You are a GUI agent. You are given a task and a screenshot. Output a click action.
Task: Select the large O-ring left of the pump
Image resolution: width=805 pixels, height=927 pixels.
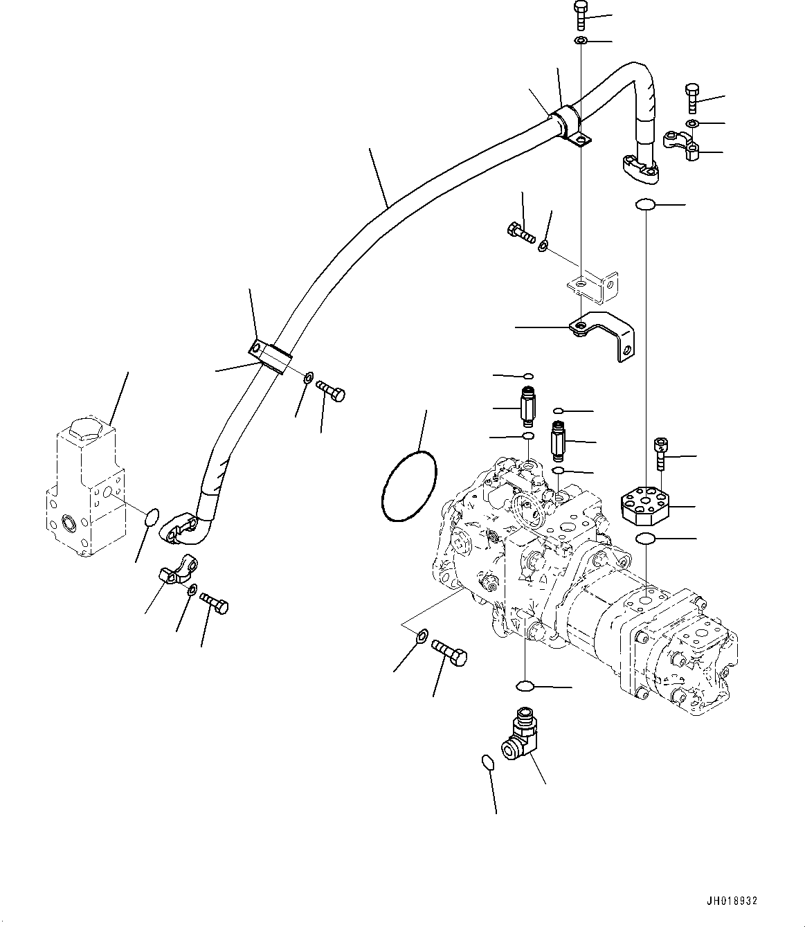410,486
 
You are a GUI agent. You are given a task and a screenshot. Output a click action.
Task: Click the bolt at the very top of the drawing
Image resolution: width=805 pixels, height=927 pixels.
581,15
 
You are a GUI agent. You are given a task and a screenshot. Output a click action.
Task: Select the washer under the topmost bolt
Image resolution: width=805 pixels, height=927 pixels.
581,41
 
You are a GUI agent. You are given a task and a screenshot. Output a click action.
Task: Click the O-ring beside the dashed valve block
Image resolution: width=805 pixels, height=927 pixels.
152,517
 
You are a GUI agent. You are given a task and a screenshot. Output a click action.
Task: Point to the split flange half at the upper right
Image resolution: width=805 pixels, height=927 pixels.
681,145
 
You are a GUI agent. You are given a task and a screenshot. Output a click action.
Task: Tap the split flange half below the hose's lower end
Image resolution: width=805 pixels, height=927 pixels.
178,570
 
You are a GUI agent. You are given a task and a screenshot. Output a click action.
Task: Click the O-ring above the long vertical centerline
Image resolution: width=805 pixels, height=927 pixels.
644,205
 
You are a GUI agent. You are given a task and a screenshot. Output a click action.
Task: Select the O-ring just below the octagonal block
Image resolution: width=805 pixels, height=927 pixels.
645,538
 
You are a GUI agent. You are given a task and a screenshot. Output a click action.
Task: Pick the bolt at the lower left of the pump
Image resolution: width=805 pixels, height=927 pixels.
449,652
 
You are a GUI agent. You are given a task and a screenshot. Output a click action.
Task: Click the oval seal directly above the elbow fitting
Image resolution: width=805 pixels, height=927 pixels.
525,686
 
